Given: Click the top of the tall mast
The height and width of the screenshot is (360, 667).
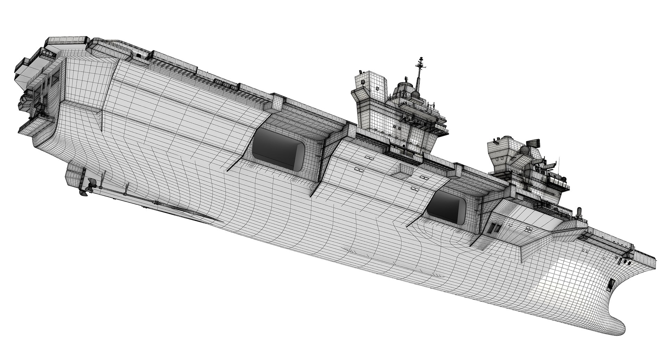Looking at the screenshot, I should tap(421, 58).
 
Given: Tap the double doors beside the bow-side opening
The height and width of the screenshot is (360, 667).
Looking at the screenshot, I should tap(494, 227).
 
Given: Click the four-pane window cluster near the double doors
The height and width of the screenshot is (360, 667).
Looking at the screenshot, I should tap(528, 229).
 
